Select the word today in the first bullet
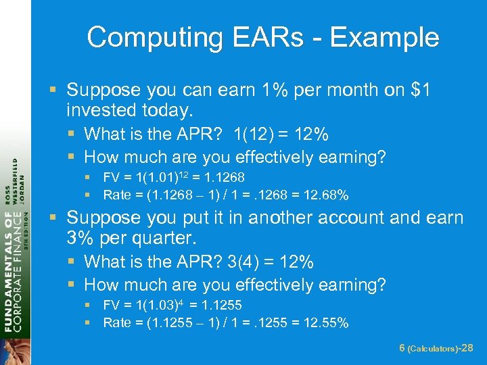160,109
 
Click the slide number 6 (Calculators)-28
436,348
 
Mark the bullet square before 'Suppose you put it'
57,218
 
